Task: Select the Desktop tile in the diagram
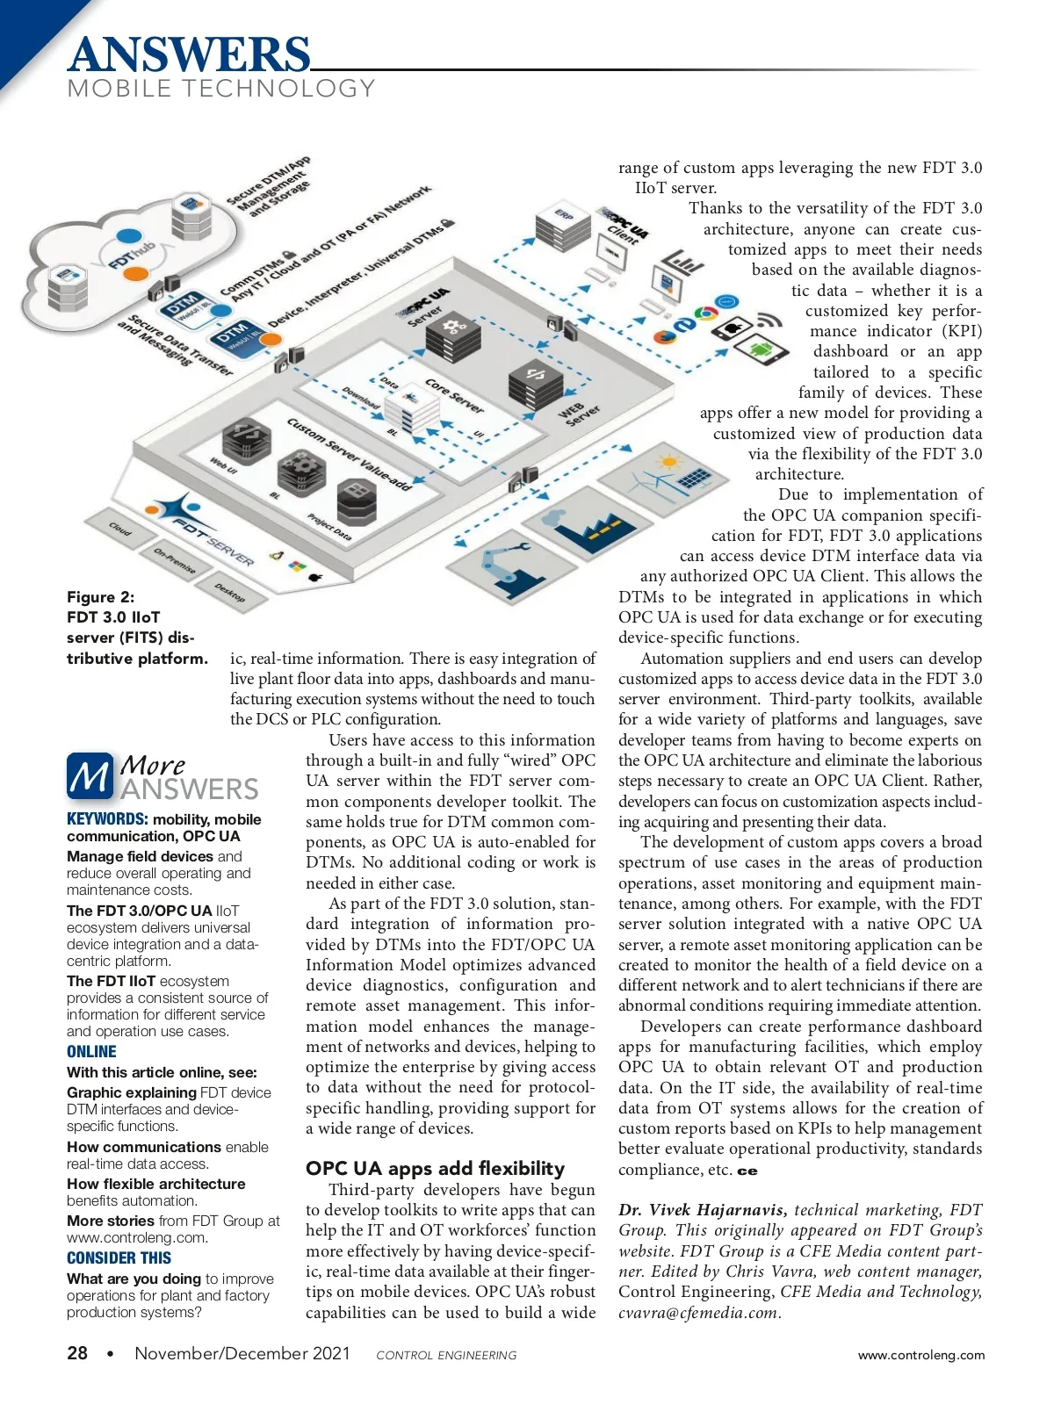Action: [x=230, y=594]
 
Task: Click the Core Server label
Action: [x=454, y=395]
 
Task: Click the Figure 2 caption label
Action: [x=101, y=597]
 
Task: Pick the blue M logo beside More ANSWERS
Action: [x=90, y=776]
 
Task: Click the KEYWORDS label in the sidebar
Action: [x=107, y=819]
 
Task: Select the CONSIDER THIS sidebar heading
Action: [x=119, y=1257]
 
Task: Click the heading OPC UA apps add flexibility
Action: [x=435, y=1168]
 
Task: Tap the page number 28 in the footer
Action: [x=77, y=1353]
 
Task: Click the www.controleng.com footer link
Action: [x=920, y=1355]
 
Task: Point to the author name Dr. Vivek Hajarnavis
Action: [x=702, y=1210]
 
